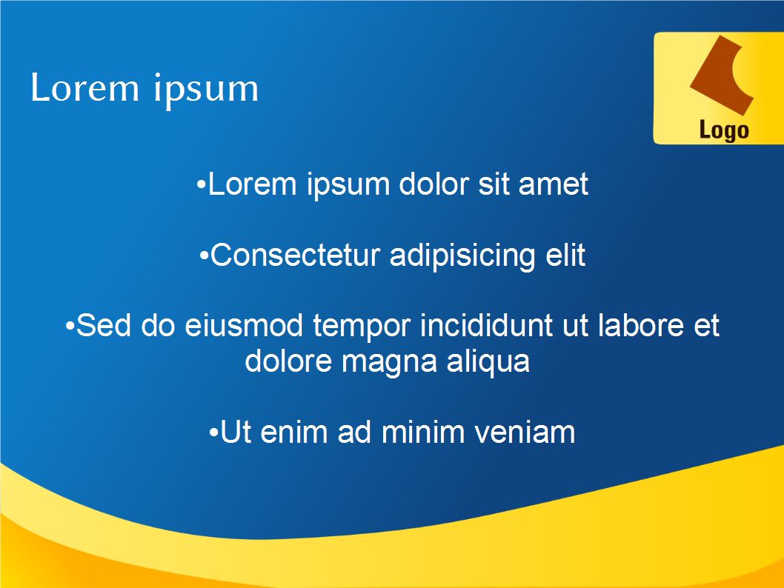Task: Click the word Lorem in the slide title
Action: coord(84,87)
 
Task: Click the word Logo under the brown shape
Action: coord(723,131)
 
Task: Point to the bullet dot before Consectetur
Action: coord(204,256)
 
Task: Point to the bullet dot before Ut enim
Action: coord(213,432)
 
